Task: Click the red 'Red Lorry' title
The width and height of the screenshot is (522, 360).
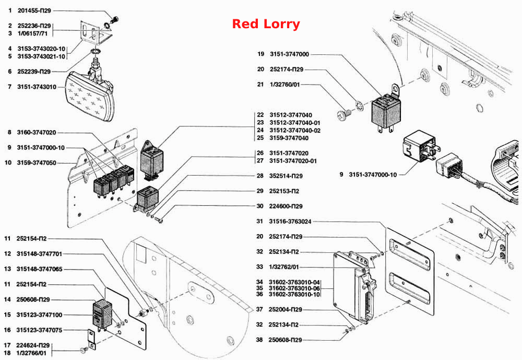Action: (266, 24)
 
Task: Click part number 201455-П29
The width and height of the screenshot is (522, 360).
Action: (34, 10)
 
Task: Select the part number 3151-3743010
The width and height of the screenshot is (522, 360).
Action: (37, 87)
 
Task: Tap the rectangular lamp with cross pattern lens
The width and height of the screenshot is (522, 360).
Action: (90, 96)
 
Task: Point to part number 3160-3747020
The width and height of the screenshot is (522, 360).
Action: (37, 133)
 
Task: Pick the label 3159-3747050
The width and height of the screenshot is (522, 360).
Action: (37, 163)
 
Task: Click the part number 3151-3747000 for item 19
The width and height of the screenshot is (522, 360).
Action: (289, 54)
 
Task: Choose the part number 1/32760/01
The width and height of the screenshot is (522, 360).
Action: (285, 85)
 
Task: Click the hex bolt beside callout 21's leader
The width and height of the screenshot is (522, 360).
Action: (342, 115)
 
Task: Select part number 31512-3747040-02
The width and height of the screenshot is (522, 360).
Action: (295, 130)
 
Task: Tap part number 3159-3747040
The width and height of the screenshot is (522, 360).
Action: (289, 138)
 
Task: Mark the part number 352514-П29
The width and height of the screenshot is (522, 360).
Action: (286, 176)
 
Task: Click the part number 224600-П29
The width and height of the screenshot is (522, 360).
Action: (286, 206)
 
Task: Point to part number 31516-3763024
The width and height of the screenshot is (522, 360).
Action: (290, 222)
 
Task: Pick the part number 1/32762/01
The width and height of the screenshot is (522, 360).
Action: (284, 267)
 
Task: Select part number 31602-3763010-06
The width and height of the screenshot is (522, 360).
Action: (294, 288)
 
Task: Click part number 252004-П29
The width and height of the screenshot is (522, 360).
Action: (286, 310)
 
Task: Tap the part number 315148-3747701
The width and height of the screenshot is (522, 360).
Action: (39, 254)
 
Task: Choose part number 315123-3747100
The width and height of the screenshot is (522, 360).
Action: (39, 315)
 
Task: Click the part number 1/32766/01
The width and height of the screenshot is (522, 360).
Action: (31, 353)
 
